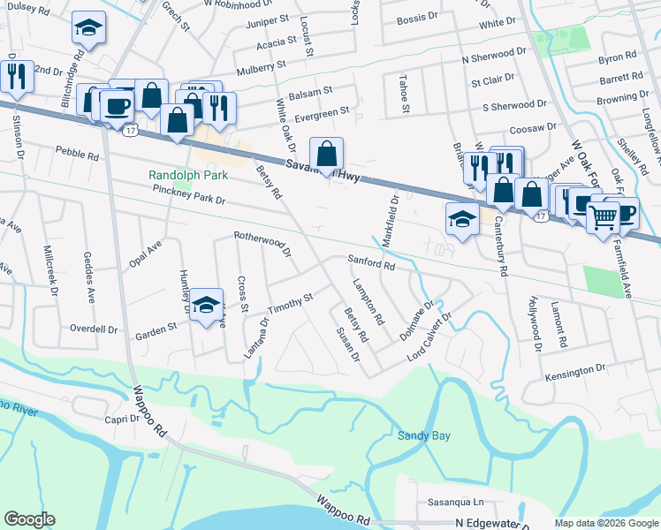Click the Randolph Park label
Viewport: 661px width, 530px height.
point(188,175)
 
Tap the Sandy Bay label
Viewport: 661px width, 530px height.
point(423,435)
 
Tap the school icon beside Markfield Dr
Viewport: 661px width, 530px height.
point(461,218)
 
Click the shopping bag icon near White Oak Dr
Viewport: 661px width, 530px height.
point(326,154)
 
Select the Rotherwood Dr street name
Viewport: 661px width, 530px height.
point(262,243)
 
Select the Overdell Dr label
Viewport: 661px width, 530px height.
point(94,329)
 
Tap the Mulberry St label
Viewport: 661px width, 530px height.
point(261,65)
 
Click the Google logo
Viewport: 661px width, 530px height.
point(29,519)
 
